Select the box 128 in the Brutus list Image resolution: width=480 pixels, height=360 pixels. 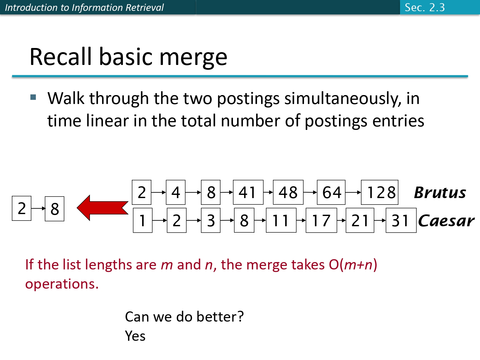pos(380,193)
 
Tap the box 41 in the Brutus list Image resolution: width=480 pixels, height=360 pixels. pos(248,193)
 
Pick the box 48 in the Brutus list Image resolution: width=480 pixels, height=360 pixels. pos(288,193)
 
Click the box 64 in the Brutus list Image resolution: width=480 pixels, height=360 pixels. pos(331,193)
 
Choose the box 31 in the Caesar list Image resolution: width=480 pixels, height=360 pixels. pos(401,220)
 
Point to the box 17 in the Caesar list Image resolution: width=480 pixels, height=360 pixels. pos(321,220)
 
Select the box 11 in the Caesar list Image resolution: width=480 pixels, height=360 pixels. pos(281,220)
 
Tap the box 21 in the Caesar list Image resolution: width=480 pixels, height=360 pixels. pos(360,220)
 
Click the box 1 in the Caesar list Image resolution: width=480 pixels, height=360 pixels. pos(142,220)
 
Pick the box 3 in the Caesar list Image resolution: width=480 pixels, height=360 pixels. pos(211,220)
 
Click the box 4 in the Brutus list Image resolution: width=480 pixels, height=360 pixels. pos(176,193)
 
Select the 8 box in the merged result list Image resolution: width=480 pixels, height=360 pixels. pos(54,209)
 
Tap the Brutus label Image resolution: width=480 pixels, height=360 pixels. pos(440,193)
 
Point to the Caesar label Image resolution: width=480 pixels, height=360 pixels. pos(446,221)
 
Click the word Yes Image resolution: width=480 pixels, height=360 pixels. pos(135,336)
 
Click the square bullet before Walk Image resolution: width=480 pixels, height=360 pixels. pos(33,97)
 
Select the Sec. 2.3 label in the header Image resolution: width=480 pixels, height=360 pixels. pos(425,7)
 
